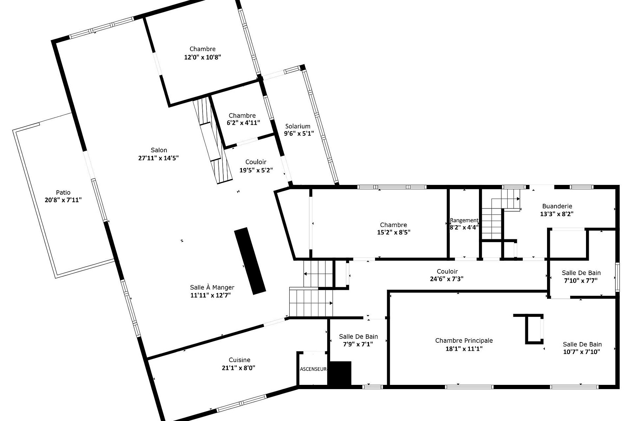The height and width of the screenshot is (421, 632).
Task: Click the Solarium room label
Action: click(298, 126)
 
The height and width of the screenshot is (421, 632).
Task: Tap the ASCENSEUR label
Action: click(313, 369)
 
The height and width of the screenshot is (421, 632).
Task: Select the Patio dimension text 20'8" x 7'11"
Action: click(63, 200)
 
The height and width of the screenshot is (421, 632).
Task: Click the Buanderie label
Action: click(557, 206)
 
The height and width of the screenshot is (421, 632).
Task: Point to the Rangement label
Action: click(464, 220)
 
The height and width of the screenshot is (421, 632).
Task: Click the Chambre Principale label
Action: click(464, 340)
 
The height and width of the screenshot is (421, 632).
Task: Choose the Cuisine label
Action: click(239, 360)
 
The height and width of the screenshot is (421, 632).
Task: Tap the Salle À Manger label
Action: click(212, 287)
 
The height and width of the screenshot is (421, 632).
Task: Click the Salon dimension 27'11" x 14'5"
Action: click(158, 158)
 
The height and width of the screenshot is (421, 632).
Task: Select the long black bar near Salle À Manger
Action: click(250, 260)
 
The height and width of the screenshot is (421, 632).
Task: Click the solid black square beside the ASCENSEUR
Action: click(340, 374)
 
